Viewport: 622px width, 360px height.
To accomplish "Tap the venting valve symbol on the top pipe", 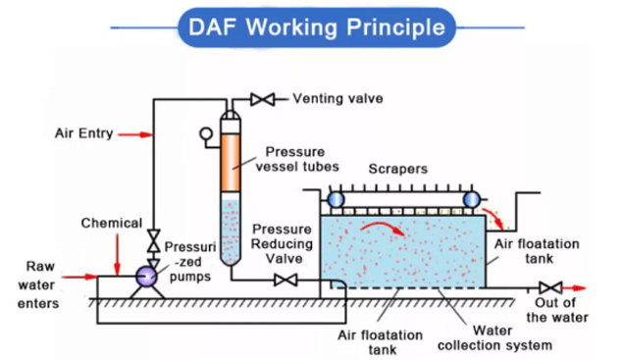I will [x=262, y=99].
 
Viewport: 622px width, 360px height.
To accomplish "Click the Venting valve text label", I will [x=337, y=99].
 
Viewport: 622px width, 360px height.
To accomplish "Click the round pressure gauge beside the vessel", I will [x=206, y=135].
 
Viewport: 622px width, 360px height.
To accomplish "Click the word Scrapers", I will [x=397, y=169].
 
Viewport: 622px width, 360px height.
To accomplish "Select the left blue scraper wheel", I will [x=336, y=199].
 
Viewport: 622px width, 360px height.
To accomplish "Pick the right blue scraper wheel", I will [x=471, y=199].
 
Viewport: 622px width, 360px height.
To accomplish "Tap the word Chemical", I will [x=111, y=223].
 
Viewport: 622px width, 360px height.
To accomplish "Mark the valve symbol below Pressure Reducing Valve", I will [x=286, y=282].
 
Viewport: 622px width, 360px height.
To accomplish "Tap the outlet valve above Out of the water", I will [x=551, y=288].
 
